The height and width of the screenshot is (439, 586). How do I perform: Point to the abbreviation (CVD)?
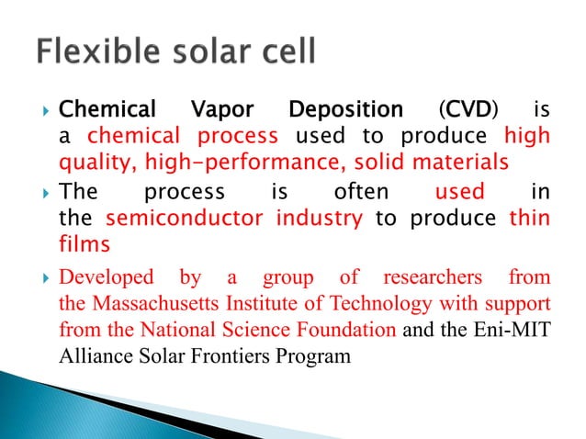click(x=469, y=111)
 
